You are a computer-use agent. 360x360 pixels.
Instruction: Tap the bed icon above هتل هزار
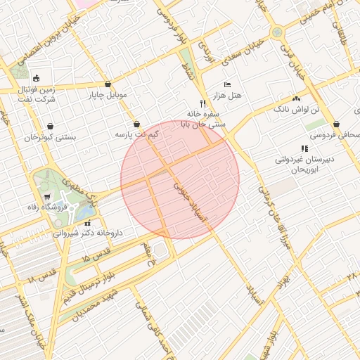click(x=226, y=84)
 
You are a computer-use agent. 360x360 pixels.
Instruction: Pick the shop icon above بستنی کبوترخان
click(x=49, y=127)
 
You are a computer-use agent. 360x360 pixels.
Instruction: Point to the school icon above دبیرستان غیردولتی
click(x=304, y=148)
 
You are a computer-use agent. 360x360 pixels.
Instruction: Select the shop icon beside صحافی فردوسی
click(x=337, y=124)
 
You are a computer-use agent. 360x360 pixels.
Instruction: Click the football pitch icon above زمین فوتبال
click(x=36, y=78)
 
